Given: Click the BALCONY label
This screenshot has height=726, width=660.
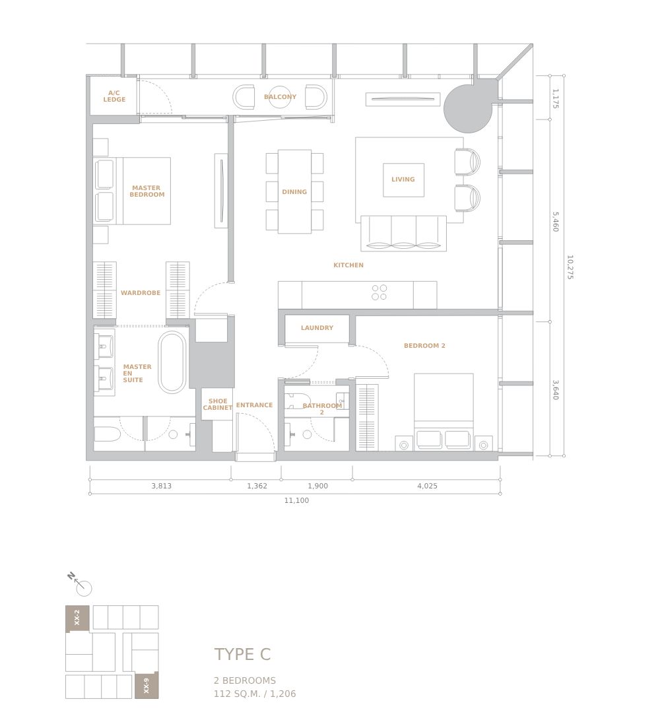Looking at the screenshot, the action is tap(280, 97).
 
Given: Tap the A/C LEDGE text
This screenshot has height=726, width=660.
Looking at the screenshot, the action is tap(114, 96).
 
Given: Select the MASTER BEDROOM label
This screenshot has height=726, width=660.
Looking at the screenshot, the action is tap(147, 191).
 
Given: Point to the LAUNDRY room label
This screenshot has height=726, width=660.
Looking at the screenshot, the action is tap(317, 328).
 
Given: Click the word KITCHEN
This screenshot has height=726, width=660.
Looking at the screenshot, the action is tap(348, 265).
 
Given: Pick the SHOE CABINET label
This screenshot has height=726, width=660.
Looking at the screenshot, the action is tap(218, 405).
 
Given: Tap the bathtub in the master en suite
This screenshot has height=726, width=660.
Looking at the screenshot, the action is tap(172, 362).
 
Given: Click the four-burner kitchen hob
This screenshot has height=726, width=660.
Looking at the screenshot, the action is tap(379, 292).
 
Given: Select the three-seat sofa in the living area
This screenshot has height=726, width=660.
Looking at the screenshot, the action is tap(403, 234).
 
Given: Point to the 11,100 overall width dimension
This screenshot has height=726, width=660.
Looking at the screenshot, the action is tap(296, 500).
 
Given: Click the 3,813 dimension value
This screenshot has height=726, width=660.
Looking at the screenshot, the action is tap(161, 486).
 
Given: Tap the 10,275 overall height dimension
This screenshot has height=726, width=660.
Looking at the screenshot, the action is tap(570, 267).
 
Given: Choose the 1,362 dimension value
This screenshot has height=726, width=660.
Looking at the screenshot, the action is tap(257, 486).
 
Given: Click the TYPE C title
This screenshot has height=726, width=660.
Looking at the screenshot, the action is tap(242, 655).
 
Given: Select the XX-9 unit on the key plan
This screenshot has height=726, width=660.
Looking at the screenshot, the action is tap(147, 685).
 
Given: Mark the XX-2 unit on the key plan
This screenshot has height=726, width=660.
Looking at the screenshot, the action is tap(77, 618).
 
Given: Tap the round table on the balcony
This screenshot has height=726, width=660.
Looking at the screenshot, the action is tap(280, 97).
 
